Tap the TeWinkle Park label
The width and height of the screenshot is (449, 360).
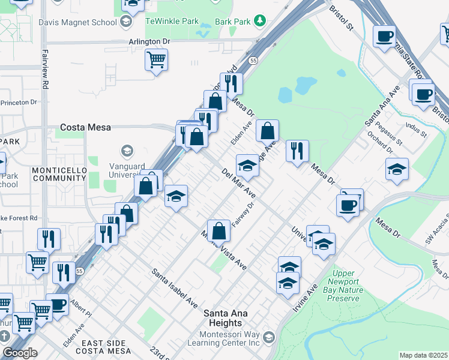pos(172,21)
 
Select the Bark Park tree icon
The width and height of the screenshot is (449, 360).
pos(259,21)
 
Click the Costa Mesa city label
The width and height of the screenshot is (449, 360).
pos(84,128)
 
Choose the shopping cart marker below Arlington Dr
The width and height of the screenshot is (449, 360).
pos(156,59)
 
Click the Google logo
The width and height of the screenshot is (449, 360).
pos(20,353)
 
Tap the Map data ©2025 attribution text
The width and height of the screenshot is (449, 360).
pos(424,355)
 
